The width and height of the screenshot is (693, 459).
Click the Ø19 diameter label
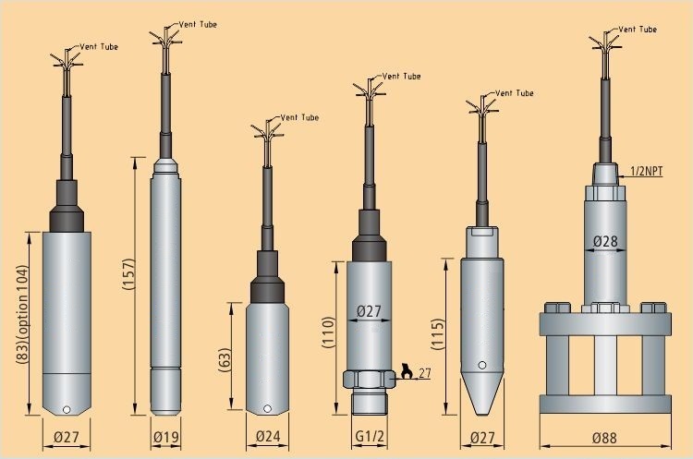166,437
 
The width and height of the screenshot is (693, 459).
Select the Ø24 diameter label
268,436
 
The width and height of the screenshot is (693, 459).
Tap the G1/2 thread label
370,436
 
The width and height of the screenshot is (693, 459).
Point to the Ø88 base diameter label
604,438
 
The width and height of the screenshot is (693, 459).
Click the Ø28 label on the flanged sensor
605,241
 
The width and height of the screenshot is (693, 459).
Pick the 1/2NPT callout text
646,171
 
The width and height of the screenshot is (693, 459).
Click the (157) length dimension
128,274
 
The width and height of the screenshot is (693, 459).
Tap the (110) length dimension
329,332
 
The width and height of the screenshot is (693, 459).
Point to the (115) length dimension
437,334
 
